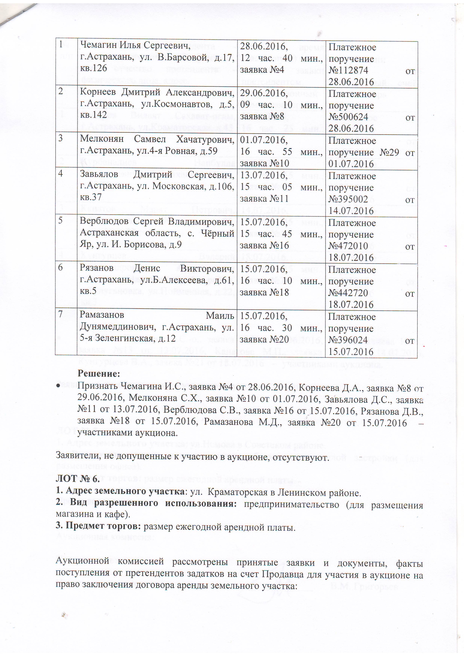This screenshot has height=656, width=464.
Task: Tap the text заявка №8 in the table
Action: pos(264,117)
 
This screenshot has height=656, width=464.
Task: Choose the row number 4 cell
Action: pos(61,174)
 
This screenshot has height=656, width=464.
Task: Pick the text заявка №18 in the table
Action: pos(264,292)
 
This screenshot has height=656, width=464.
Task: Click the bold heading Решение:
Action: pos(99,373)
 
